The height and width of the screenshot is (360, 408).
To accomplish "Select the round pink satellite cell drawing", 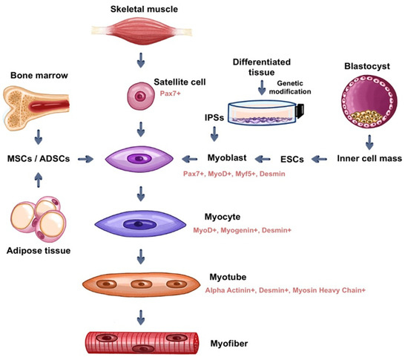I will point(140,97).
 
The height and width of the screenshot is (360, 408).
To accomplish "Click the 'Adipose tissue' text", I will point(45,251).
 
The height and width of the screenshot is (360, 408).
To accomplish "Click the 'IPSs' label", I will point(216,118).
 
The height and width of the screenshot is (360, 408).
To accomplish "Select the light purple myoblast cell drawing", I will point(139,159).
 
